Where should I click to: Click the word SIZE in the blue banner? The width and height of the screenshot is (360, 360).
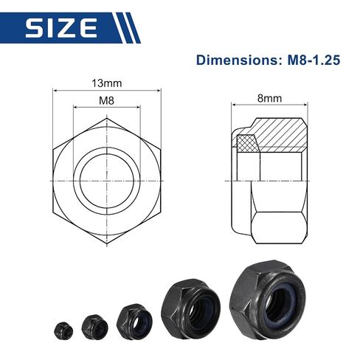[x=61, y=28]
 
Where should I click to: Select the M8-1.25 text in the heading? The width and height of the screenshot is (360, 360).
[x=314, y=60]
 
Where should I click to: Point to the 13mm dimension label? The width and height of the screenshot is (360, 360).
[x=107, y=83]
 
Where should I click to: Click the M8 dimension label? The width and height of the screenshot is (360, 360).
[x=106, y=100]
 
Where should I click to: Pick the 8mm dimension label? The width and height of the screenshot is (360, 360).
[x=269, y=98]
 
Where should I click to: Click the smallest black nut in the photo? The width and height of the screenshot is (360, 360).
[x=63, y=330]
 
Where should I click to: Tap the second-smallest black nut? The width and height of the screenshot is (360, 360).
[x=95, y=326]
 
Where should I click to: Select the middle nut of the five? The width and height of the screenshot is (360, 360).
[x=134, y=321]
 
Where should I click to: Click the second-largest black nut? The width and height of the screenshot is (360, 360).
[x=190, y=308]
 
